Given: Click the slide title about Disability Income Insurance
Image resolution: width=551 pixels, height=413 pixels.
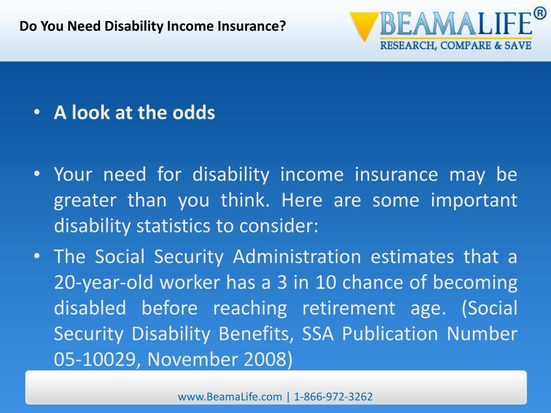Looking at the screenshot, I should coord(152,26).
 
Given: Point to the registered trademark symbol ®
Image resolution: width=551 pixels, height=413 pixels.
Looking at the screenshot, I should coord(540,14).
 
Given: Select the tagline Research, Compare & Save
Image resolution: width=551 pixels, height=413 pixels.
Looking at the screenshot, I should coord(456,46).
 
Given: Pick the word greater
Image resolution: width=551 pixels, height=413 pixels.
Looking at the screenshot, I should coord(84,201).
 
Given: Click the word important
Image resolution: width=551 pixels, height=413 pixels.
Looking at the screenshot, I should coord(474,201).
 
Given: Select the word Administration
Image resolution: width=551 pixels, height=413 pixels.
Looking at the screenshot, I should coord(296,257).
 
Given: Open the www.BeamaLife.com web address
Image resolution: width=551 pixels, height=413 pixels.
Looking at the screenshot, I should coord(230,397).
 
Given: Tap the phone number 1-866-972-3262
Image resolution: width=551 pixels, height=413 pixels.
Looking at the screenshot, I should coord(334,397).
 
